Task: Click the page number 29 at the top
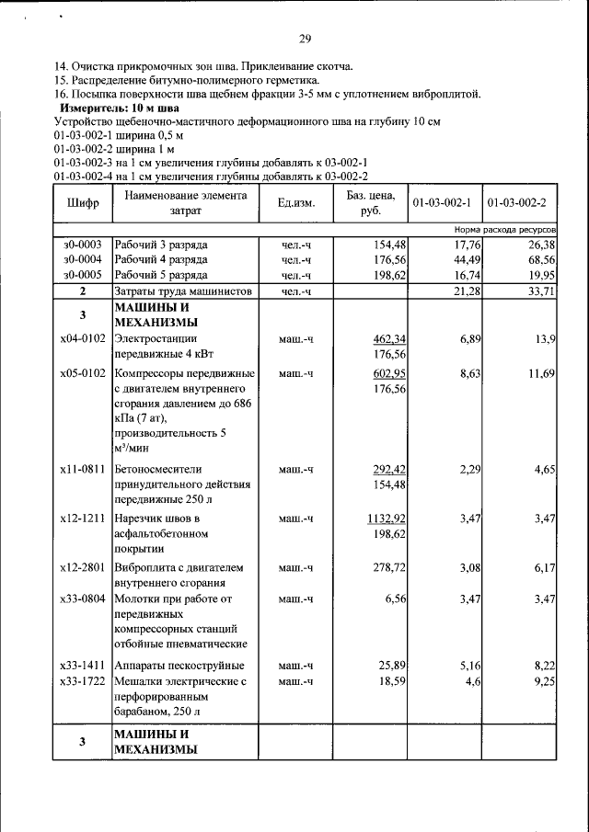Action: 305,39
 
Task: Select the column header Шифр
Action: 82,202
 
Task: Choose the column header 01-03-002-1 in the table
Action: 442,202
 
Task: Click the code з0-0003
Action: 82,245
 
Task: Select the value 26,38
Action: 541,245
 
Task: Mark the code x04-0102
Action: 82,340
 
